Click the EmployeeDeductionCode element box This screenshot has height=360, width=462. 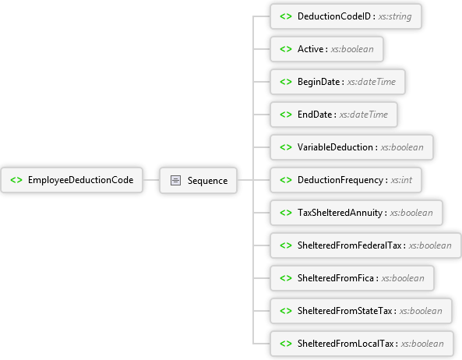[72, 180]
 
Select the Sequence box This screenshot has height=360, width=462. [199, 180]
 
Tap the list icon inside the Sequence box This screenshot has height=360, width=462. [175, 180]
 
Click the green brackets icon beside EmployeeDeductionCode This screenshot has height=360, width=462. [16, 180]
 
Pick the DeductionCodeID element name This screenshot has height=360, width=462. [334, 16]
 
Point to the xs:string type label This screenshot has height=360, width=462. [395, 16]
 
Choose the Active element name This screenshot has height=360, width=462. [311, 49]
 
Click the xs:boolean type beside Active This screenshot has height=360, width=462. [352, 49]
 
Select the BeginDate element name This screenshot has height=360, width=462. [319, 82]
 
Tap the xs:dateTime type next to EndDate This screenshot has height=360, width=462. [364, 115]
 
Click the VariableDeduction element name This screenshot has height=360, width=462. [335, 147]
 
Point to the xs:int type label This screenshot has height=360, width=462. [401, 180]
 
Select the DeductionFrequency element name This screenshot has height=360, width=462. [340, 180]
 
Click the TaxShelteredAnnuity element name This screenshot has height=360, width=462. [340, 213]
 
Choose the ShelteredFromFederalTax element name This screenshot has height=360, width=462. [350, 245]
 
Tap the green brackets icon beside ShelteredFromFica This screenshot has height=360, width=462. [286, 278]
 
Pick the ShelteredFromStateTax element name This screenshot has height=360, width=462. [344, 311]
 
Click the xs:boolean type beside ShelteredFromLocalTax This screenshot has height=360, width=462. [422, 344]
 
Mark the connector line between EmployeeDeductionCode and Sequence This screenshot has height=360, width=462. [151, 180]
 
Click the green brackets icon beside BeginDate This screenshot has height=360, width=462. [286, 82]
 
